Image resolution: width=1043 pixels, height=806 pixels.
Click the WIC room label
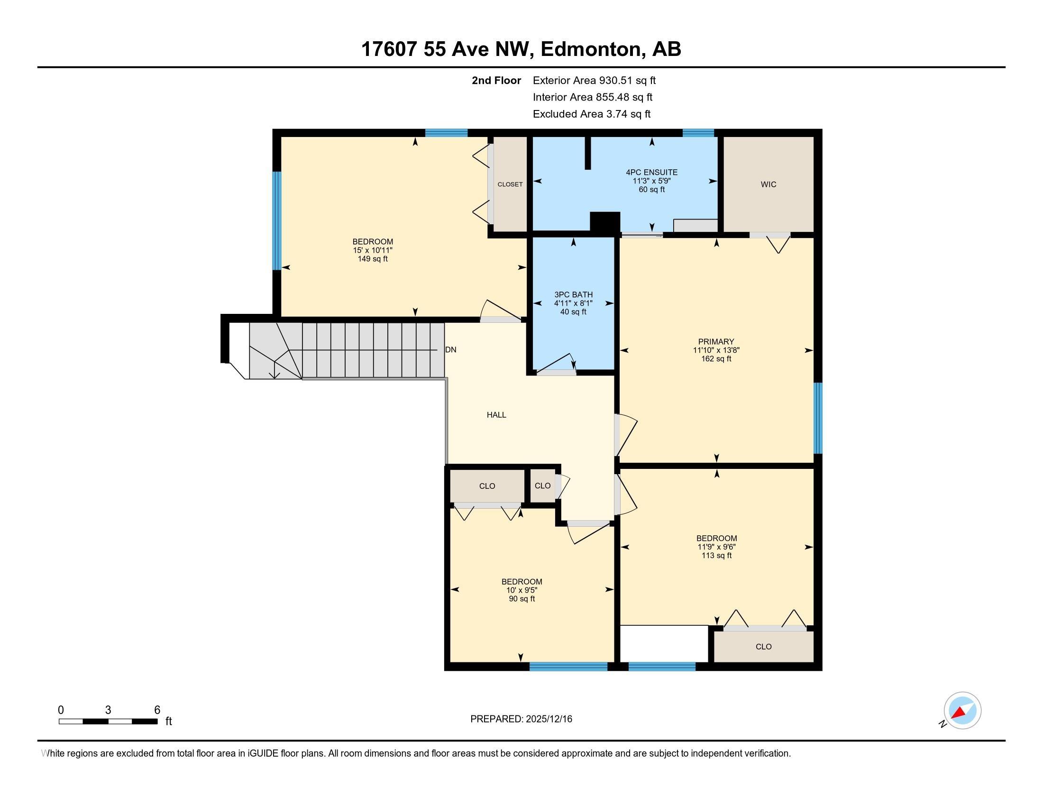pyautogui.click(x=769, y=184)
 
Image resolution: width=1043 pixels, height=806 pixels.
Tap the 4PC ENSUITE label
pyautogui.click(x=651, y=173)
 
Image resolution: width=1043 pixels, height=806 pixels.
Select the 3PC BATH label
pyautogui.click(x=573, y=294)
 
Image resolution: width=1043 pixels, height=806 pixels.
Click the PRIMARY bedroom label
pyautogui.click(x=716, y=341)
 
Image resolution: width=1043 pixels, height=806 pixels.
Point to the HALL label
pyautogui.click(x=496, y=415)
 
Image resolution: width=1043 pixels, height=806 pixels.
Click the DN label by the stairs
pyautogui.click(x=450, y=349)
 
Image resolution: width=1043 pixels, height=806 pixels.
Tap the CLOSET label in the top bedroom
pyautogui.click(x=510, y=184)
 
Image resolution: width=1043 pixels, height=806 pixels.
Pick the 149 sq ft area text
pyautogui.click(x=373, y=259)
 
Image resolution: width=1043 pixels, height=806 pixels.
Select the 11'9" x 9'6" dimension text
pyautogui.click(x=716, y=547)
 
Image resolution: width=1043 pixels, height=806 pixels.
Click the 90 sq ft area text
pyautogui.click(x=521, y=599)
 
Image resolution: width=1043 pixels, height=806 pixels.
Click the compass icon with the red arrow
pyautogui.click(x=962, y=711)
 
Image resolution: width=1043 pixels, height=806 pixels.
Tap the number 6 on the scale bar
pyautogui.click(x=157, y=710)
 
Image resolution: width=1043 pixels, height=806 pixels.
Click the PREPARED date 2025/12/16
pyautogui.click(x=548, y=719)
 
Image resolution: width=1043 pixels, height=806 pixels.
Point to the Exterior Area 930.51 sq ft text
pyautogui.click(x=594, y=80)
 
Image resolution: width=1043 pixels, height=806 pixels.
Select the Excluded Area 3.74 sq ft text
pyautogui.click(x=591, y=114)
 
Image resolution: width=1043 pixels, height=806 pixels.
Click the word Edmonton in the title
pyautogui.click(x=590, y=49)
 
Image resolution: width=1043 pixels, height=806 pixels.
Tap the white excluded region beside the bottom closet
pyautogui.click(x=663, y=643)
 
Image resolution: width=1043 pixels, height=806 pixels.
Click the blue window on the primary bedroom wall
pyautogui.click(x=818, y=418)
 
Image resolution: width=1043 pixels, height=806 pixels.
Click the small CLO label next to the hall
pyautogui.click(x=542, y=485)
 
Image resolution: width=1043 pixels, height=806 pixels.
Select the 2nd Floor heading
pyautogui.click(x=496, y=80)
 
